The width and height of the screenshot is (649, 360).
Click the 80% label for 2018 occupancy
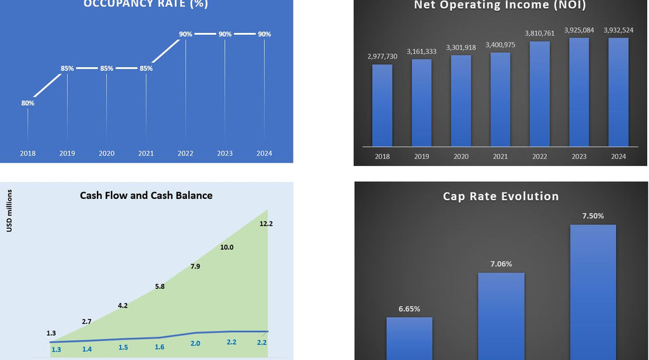coord(28,103)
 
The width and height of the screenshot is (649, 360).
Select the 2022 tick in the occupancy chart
coord(186,153)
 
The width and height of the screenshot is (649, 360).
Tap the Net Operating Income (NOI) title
coord(500,6)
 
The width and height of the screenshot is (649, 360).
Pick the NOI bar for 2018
coord(382,105)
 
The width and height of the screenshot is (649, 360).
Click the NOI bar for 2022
coord(540,93)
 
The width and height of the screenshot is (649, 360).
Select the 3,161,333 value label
coord(421,51)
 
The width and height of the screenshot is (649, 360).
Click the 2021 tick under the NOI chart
coord(501,157)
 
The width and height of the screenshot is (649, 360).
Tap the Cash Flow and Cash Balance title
coord(146,195)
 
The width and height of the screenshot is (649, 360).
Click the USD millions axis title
coord(10,210)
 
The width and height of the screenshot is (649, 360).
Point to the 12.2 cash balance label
coord(266,224)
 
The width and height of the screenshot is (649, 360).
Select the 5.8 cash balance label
coord(160,286)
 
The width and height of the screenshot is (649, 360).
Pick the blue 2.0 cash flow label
coord(195,343)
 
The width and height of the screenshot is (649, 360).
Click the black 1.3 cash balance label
coord(51,333)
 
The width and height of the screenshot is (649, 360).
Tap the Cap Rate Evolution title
coord(501,196)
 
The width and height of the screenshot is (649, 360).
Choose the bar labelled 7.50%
coord(593,292)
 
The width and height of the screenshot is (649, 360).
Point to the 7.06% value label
coord(501,264)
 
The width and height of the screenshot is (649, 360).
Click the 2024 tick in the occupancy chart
coord(264,153)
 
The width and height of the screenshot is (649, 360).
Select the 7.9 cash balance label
coord(195,266)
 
